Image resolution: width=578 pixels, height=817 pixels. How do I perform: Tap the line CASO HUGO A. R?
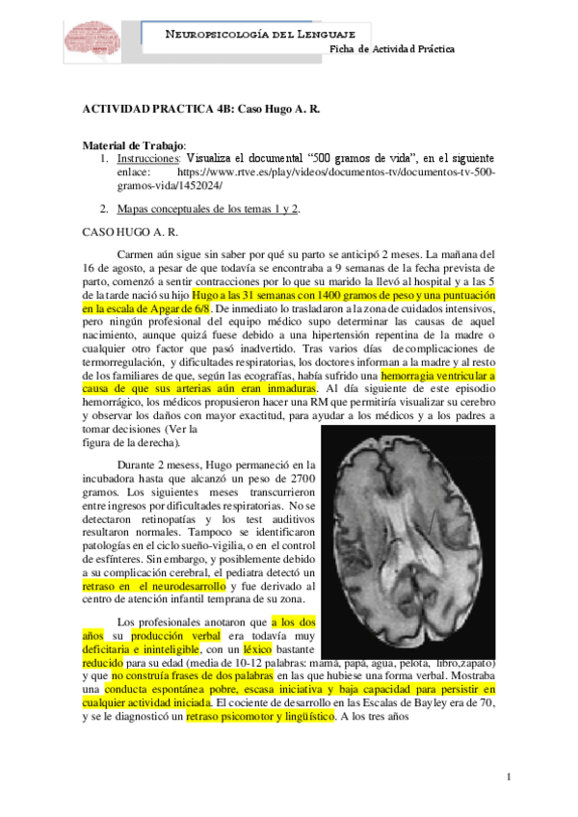coord(128,231)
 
